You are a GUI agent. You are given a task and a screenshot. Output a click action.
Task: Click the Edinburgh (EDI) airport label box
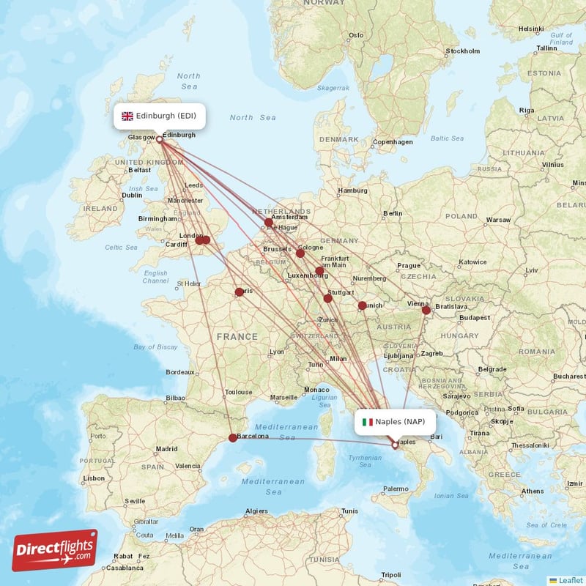[159, 116]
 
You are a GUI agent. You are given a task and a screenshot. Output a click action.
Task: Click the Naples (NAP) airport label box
[395, 421]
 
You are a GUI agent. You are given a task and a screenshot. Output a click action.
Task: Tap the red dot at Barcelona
[233, 438]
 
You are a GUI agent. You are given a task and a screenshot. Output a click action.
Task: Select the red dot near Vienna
[426, 310]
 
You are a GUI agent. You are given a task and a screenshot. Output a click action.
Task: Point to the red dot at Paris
[240, 292]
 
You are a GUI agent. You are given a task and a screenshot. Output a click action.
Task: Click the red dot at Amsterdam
[269, 222]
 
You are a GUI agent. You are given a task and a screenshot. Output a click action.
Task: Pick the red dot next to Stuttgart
[327, 297]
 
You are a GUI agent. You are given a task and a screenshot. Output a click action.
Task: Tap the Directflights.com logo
[55, 550]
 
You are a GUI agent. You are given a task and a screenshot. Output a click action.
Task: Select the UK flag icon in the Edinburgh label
[127, 116]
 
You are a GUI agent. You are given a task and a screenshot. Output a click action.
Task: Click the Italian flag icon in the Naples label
[368, 422]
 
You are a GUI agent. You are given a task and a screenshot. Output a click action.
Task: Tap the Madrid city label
[166, 449]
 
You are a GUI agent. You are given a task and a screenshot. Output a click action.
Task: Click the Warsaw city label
[498, 220]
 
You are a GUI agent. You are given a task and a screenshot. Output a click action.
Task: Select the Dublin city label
[133, 195]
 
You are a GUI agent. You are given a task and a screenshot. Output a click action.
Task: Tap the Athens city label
[533, 491]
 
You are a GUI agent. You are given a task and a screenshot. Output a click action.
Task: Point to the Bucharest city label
[570, 376]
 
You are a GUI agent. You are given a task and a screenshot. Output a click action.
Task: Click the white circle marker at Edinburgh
[159, 138]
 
